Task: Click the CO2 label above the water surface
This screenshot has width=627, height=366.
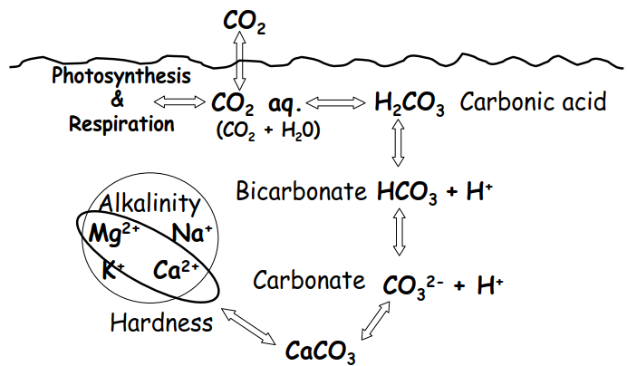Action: (245, 21)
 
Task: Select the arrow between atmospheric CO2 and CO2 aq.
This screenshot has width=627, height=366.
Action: (239, 60)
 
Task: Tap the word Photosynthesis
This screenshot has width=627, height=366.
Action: (121, 76)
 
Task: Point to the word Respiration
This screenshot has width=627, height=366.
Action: (121, 123)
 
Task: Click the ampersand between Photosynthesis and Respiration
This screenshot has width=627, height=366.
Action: (117, 99)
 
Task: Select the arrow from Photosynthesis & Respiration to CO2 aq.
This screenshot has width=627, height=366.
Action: (179, 102)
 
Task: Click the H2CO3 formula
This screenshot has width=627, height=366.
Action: (409, 103)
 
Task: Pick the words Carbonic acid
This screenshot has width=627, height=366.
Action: (533, 101)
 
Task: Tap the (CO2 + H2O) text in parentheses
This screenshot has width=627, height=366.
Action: (268, 130)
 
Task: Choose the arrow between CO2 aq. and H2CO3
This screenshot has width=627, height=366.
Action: (335, 103)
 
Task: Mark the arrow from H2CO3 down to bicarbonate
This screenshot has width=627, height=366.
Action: (398, 142)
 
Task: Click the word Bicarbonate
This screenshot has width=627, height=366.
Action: (301, 191)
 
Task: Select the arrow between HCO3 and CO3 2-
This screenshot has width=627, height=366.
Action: (399, 232)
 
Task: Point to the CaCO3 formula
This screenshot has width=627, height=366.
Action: (321, 352)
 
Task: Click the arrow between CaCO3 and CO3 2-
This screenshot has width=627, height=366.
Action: (375, 321)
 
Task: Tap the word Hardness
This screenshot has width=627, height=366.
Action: (161, 323)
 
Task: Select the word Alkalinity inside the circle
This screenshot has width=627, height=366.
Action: (150, 203)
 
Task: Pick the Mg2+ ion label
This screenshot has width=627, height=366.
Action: (114, 233)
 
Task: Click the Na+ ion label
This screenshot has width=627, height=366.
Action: (192, 233)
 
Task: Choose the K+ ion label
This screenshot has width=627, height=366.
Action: (113, 269)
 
